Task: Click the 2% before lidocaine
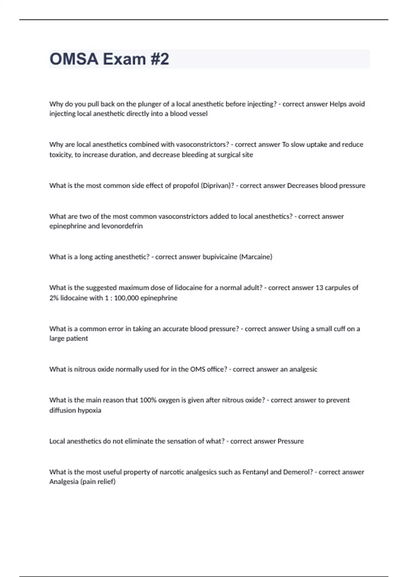pos(54,298)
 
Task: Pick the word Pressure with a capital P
pos(291,441)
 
